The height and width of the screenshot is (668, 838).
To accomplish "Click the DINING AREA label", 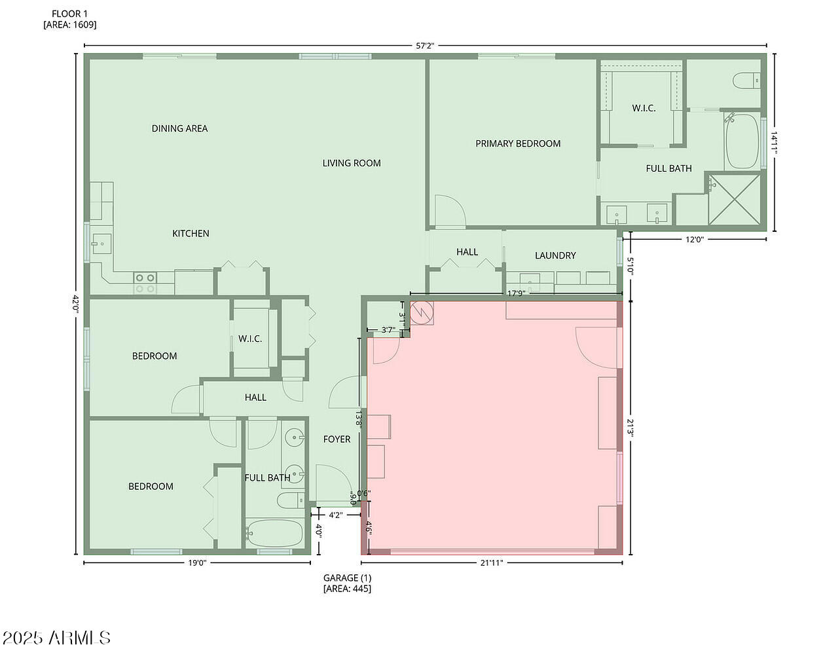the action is [179, 128].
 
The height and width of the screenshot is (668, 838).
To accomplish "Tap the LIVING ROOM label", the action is [352, 163].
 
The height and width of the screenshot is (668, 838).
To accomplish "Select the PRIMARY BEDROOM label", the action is [518, 143].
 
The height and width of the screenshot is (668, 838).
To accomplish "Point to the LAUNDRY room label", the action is [555, 255].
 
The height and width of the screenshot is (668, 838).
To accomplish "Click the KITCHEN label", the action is [191, 233].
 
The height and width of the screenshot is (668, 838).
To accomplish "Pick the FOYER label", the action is [337, 439].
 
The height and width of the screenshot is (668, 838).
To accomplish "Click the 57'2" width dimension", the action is [425, 46].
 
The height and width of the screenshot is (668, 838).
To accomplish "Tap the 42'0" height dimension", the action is [76, 304].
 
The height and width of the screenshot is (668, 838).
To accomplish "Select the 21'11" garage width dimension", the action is [492, 563].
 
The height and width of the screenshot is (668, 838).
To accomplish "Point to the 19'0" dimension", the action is [197, 563].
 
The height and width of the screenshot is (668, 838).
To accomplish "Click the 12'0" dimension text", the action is [695, 240].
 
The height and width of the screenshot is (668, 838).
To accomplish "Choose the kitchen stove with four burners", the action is [145, 283].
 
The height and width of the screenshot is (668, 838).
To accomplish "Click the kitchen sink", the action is [101, 244].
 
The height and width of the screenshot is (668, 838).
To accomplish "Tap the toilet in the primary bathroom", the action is [746, 81].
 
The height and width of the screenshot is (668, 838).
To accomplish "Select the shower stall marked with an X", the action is [734, 199].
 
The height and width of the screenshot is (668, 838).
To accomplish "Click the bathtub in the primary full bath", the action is [742, 141].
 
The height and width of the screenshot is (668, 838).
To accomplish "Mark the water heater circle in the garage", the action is [422, 312].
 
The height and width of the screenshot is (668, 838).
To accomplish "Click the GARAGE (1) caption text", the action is [348, 578].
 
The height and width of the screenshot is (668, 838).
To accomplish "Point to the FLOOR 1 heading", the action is [69, 14].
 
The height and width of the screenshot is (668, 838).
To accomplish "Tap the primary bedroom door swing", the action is [450, 211].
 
